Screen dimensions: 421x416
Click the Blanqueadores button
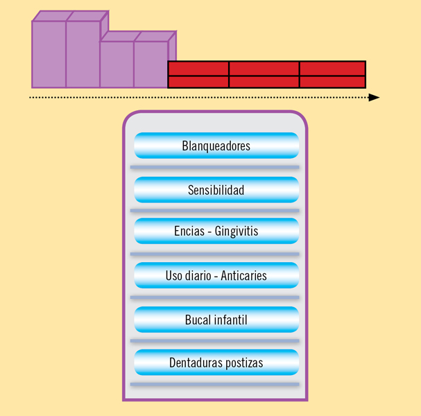coord(216,146)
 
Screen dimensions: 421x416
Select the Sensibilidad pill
coord(216,190)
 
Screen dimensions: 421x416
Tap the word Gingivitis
coord(237,232)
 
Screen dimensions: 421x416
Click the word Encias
coord(189,231)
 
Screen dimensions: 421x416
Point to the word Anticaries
coord(243,276)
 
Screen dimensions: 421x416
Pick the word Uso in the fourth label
coord(173,276)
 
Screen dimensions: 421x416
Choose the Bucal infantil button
coord(216,320)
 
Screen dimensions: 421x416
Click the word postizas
coord(244,363)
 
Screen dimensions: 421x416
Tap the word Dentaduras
coord(196,363)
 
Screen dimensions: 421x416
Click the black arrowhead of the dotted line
coord(374,98)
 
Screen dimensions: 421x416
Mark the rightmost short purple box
coord(155,60)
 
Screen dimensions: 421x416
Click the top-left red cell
coord(198,69)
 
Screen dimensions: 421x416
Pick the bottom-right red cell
coord(332,82)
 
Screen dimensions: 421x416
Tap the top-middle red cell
coord(264,69)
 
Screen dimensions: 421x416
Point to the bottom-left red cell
coord(198,82)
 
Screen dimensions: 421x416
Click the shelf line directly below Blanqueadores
coord(215,168)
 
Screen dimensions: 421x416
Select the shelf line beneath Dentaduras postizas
coord(215,384)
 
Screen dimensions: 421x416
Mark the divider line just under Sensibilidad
coord(215,211)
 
